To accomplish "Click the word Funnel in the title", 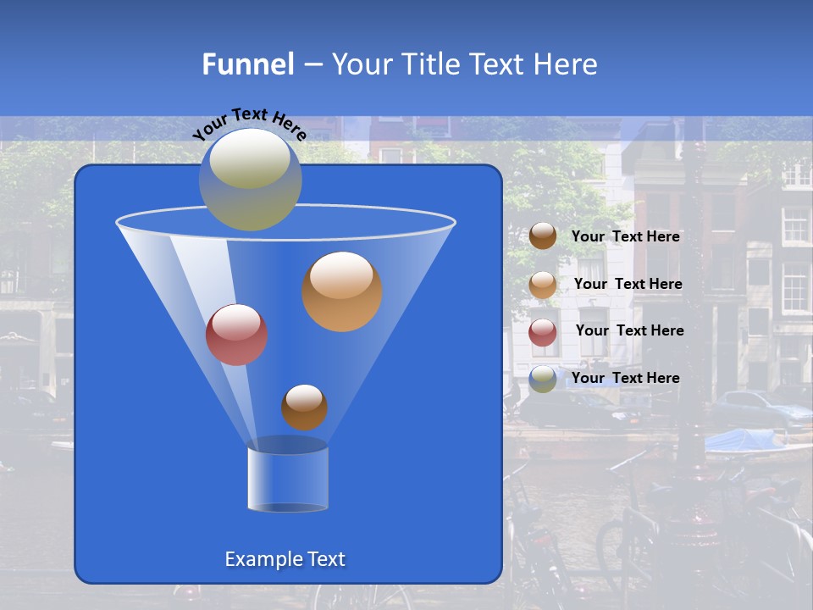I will pyautogui.click(x=247, y=64).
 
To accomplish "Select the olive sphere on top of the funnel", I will pyautogui.click(x=251, y=180).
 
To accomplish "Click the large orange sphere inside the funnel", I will pyautogui.click(x=342, y=291).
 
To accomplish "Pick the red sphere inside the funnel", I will pyautogui.click(x=237, y=335).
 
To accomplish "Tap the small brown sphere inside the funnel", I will pyautogui.click(x=304, y=407).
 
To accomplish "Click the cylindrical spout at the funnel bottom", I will pyautogui.click(x=288, y=478).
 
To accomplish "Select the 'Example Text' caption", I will pyautogui.click(x=285, y=559).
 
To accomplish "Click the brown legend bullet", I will pyautogui.click(x=543, y=236).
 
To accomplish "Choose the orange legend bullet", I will pyautogui.click(x=543, y=285).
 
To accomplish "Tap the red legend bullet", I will pyautogui.click(x=543, y=332).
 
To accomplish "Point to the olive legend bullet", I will pyautogui.click(x=543, y=379).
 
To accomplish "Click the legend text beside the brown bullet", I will pyautogui.click(x=626, y=236).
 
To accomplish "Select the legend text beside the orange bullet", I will pyautogui.click(x=628, y=284).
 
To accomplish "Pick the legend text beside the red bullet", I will pyautogui.click(x=629, y=330).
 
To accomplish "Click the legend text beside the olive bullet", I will pyautogui.click(x=626, y=378).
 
